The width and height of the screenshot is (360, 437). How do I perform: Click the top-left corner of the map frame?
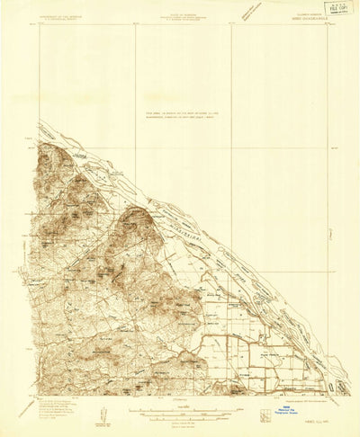click(39, 24)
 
